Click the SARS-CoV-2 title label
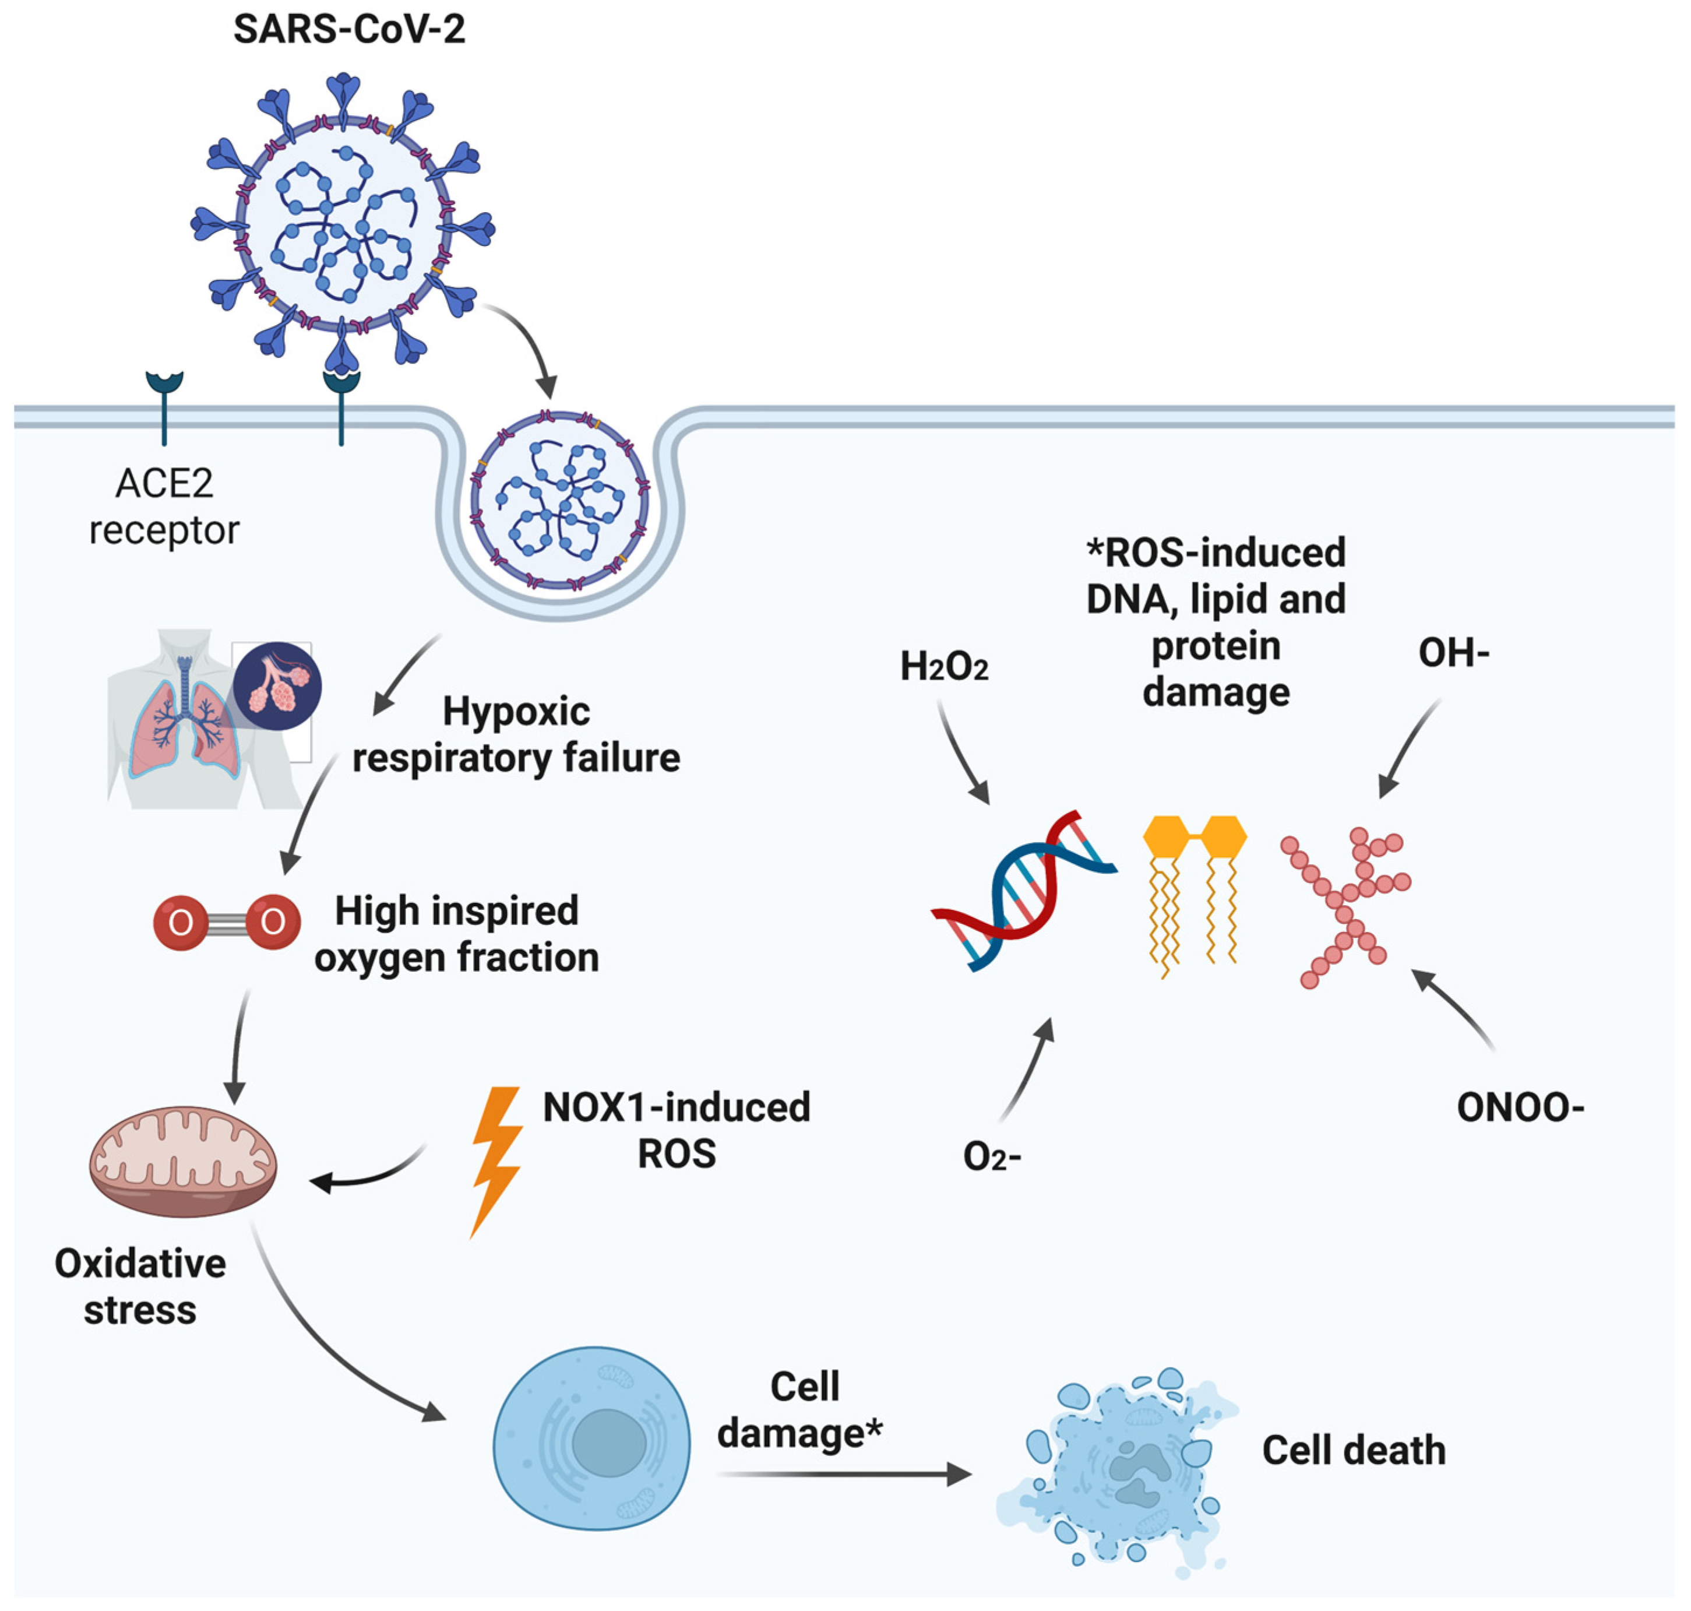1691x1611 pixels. (350, 29)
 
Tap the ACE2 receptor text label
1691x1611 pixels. (164, 506)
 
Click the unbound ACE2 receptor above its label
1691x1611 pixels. (164, 403)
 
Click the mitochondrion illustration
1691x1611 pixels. (183, 1161)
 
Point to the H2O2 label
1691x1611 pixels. (943, 666)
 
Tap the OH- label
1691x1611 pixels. (1453, 653)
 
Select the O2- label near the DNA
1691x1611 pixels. (991, 1157)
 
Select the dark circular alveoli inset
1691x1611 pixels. (277, 686)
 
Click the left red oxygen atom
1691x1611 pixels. (180, 922)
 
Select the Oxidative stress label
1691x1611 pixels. (140, 1286)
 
